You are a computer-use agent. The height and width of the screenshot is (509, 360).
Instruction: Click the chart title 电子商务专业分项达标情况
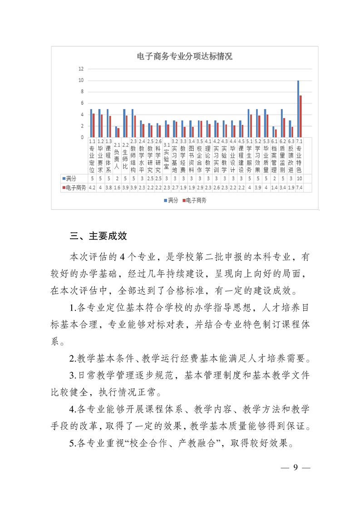[184, 57]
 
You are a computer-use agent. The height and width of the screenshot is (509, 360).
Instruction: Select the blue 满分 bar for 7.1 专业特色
[298, 109]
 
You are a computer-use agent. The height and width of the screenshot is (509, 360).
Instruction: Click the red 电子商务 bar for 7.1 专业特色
[301, 116]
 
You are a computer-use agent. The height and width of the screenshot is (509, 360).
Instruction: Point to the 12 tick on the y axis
[81, 69]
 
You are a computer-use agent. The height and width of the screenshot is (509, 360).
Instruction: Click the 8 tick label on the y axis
[82, 92]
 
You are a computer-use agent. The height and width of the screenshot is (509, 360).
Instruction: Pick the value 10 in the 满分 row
[299, 179]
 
